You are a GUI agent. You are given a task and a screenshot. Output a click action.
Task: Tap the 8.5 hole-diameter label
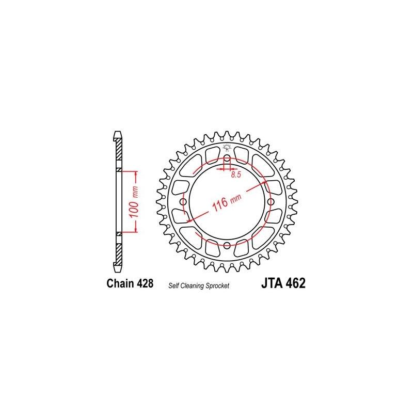236,175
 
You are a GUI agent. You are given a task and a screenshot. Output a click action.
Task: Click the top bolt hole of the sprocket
226,157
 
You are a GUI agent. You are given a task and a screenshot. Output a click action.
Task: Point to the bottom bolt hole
226,245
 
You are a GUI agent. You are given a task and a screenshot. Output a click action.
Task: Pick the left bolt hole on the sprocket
182,201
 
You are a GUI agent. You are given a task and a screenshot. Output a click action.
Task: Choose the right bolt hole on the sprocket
270,201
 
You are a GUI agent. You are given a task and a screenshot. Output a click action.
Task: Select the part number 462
296,283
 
